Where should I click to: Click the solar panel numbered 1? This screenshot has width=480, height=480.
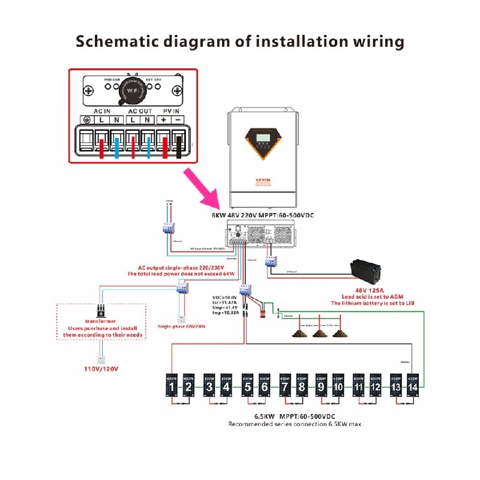point(172,388)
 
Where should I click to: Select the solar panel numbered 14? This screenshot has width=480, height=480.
point(412,388)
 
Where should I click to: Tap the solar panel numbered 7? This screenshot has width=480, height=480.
point(284,388)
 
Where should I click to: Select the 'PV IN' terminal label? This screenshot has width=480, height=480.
point(171,111)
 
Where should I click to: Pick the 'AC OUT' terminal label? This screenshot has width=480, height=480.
point(140,111)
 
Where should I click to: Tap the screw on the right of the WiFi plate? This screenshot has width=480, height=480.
point(177,91)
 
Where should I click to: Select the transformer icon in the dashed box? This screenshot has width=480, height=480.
point(101,311)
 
